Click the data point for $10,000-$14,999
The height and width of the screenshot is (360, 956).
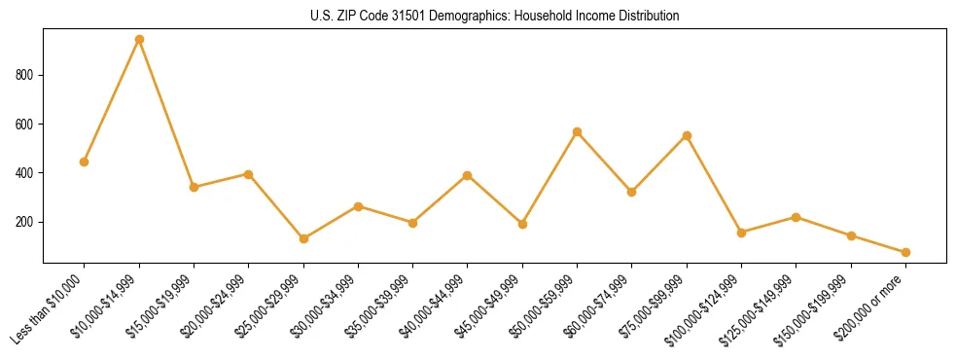[139, 40]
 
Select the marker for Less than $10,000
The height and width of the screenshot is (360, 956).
[85, 162]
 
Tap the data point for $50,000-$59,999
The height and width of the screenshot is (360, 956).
[578, 131]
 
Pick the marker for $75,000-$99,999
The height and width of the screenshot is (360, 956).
[687, 135]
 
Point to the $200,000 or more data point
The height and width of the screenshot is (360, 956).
[905, 252]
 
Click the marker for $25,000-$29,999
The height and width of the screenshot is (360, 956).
[303, 238]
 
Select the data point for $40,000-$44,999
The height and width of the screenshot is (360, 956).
[468, 176]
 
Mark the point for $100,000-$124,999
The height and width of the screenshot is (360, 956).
[741, 233]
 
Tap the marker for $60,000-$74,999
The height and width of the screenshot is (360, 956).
[632, 192]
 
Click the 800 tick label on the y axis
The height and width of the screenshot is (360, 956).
[26, 76]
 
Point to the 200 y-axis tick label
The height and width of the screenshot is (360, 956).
[26, 222]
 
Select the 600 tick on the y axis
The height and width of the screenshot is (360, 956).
[26, 125]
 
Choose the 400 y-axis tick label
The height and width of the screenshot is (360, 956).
[26, 173]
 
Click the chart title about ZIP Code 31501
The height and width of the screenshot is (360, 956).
[495, 17]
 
